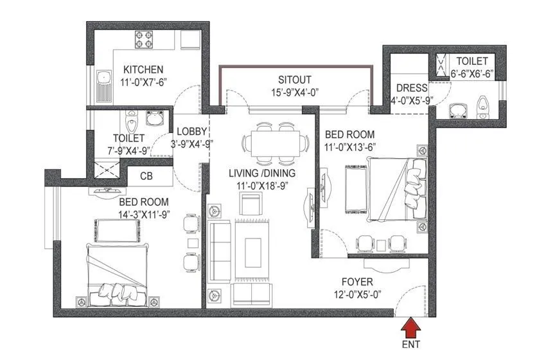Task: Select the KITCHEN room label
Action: point(143,69)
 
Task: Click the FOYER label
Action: point(357,282)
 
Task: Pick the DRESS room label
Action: point(408,88)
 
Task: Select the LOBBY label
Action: point(191,132)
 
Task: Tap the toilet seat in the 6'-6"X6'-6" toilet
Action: point(482,104)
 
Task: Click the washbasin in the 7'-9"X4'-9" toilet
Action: point(155,118)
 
